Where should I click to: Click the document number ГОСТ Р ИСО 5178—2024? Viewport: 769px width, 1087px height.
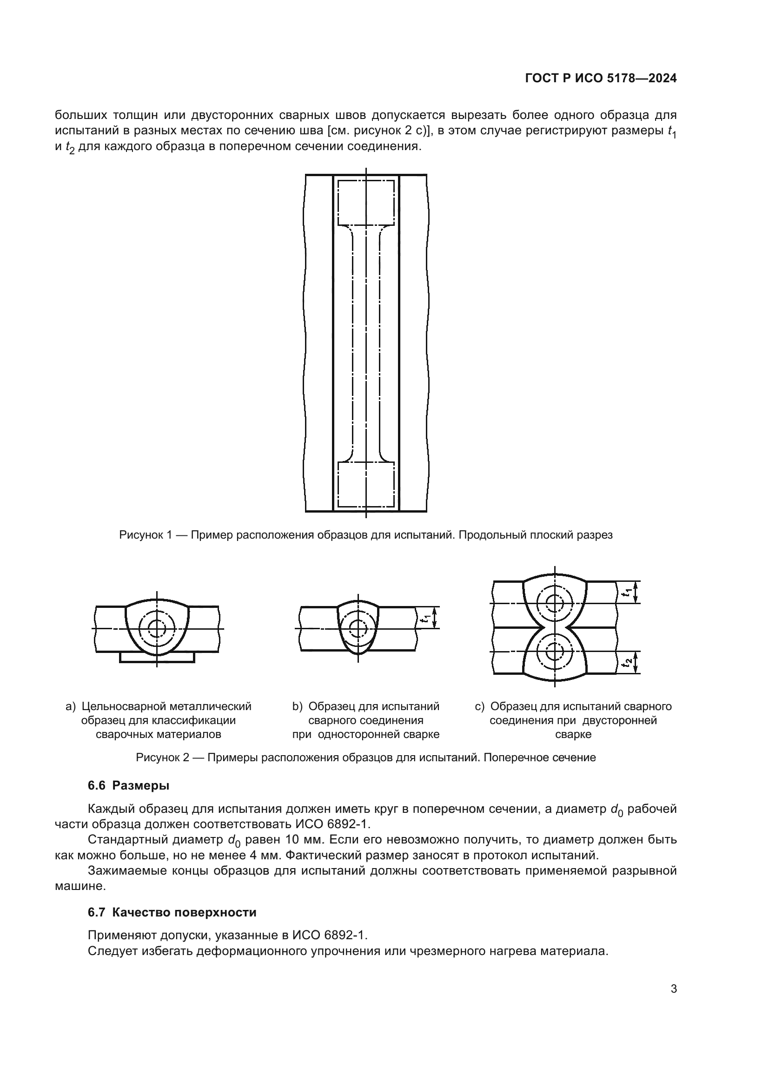coord(600,79)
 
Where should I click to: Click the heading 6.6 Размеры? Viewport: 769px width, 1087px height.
coord(128,785)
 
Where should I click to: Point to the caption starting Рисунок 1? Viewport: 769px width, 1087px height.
coord(365,535)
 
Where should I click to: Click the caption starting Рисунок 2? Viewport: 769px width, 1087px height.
coord(365,758)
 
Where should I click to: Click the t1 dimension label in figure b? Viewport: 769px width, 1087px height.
coord(427,617)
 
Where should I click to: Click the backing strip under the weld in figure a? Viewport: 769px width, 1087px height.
coord(157,657)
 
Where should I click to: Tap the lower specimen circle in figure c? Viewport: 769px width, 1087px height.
coord(552,652)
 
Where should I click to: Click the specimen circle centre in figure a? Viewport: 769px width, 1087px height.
coord(156,628)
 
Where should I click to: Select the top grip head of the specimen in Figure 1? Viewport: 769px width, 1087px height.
coord(365,202)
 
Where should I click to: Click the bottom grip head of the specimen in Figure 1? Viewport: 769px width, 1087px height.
coord(365,484)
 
